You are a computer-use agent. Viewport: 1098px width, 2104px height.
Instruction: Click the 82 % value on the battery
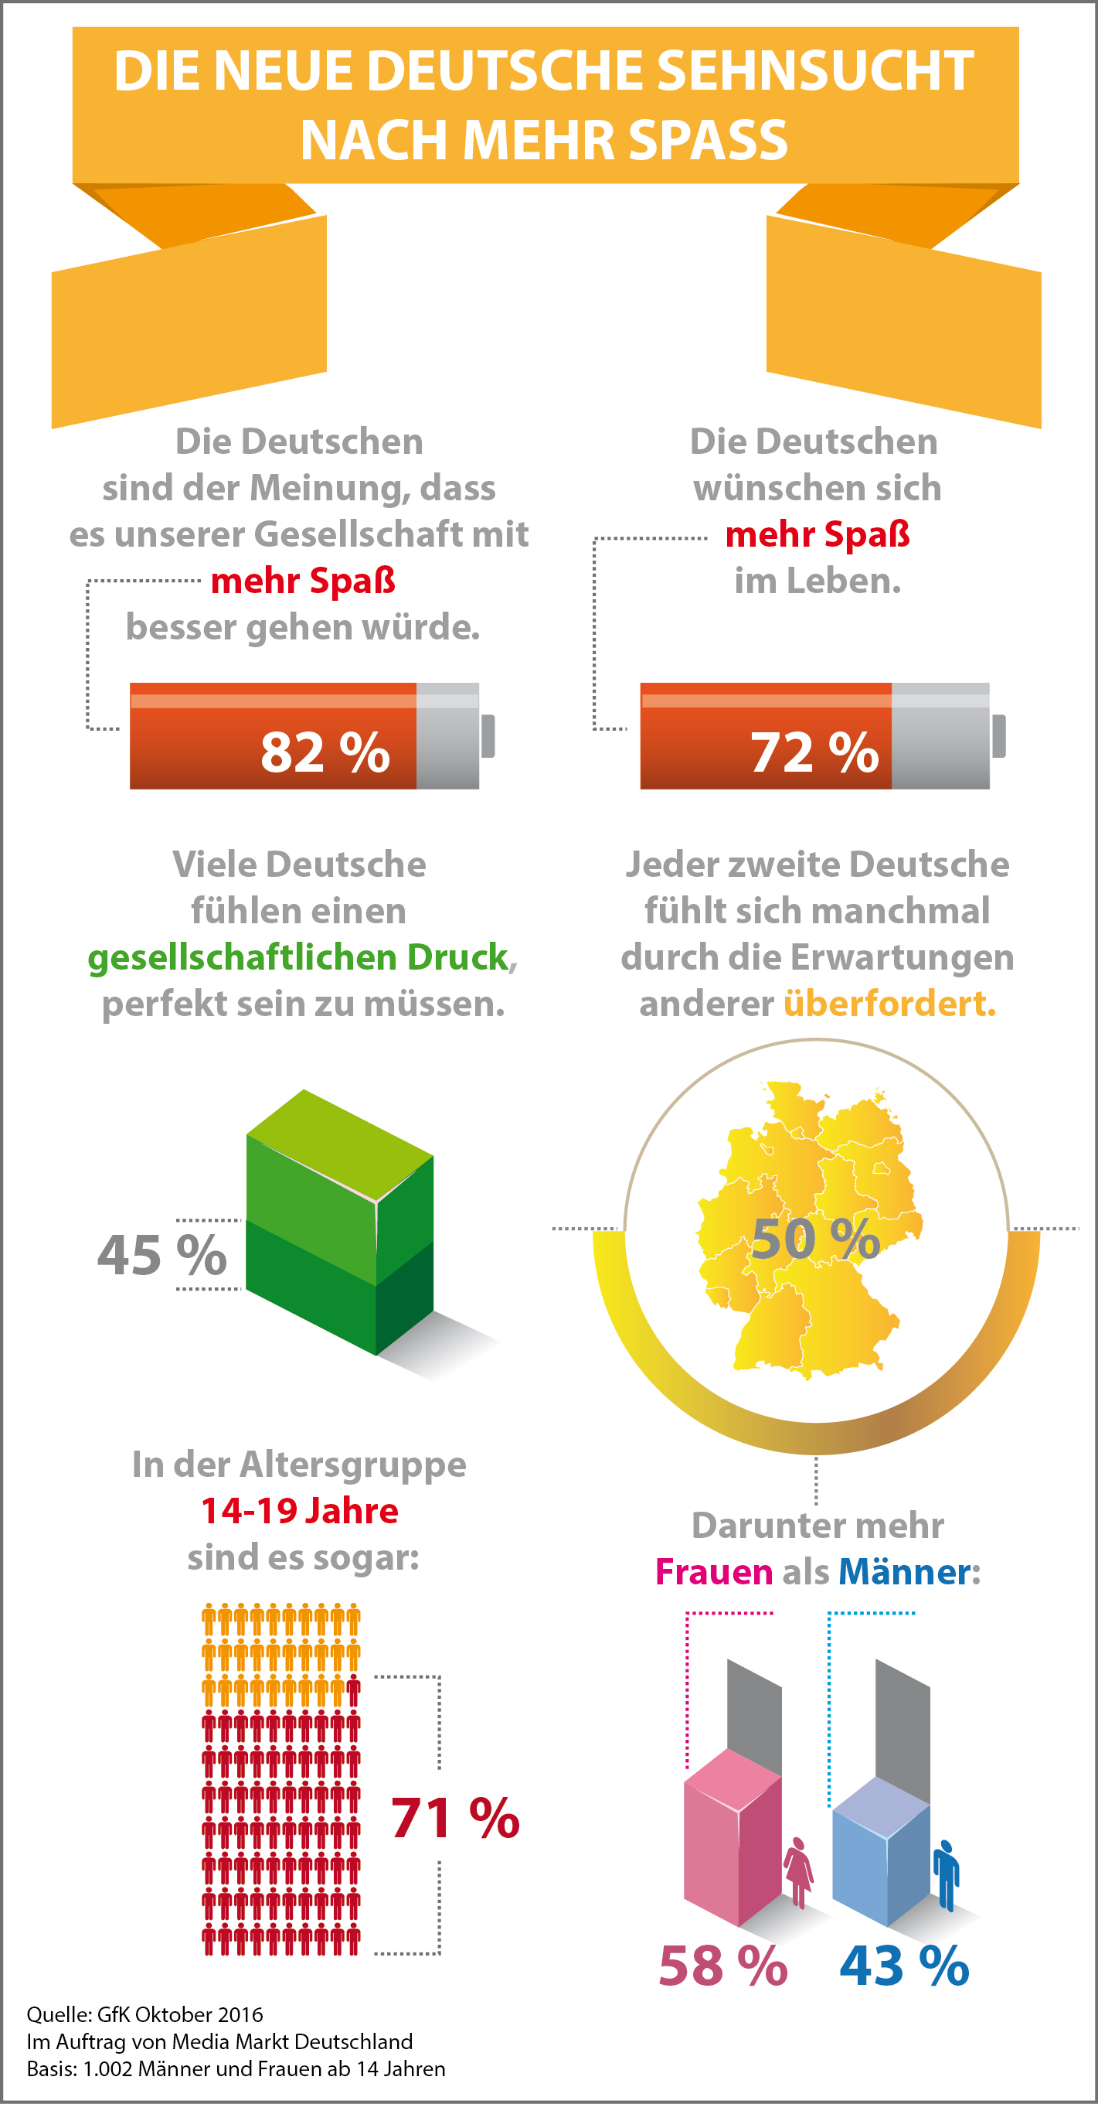pos(324,752)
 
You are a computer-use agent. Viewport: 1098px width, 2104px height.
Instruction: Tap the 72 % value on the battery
pos(814,752)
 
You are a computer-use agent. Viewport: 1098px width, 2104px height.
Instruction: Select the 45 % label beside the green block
pos(161,1256)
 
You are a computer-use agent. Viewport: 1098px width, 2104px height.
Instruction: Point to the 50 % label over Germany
pos(814,1239)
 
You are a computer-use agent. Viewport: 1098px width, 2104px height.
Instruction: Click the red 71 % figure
pos(454,1818)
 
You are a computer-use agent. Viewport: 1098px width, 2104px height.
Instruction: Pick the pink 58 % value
pos(722,1966)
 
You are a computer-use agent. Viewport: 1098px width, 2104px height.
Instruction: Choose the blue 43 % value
pos(905,1966)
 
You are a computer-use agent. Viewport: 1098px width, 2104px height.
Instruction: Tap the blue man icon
pos(946,1874)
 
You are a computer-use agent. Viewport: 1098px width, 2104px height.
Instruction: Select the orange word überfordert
pos(889,1004)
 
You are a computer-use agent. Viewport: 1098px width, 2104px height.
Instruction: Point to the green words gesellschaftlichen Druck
pos(298,957)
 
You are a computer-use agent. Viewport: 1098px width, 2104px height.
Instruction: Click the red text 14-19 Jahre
pos(300,1511)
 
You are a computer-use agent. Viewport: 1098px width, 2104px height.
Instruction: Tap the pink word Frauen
pos(714,1572)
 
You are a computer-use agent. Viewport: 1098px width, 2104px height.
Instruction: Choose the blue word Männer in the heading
pos(905,1572)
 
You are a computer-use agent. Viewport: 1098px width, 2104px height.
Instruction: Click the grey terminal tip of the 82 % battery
pos(488,736)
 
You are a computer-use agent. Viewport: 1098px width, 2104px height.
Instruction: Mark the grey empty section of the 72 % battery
pos(940,736)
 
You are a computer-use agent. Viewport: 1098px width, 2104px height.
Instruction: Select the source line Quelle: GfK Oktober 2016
pos(144,2014)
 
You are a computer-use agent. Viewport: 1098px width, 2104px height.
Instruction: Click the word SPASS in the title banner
pos(707,140)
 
